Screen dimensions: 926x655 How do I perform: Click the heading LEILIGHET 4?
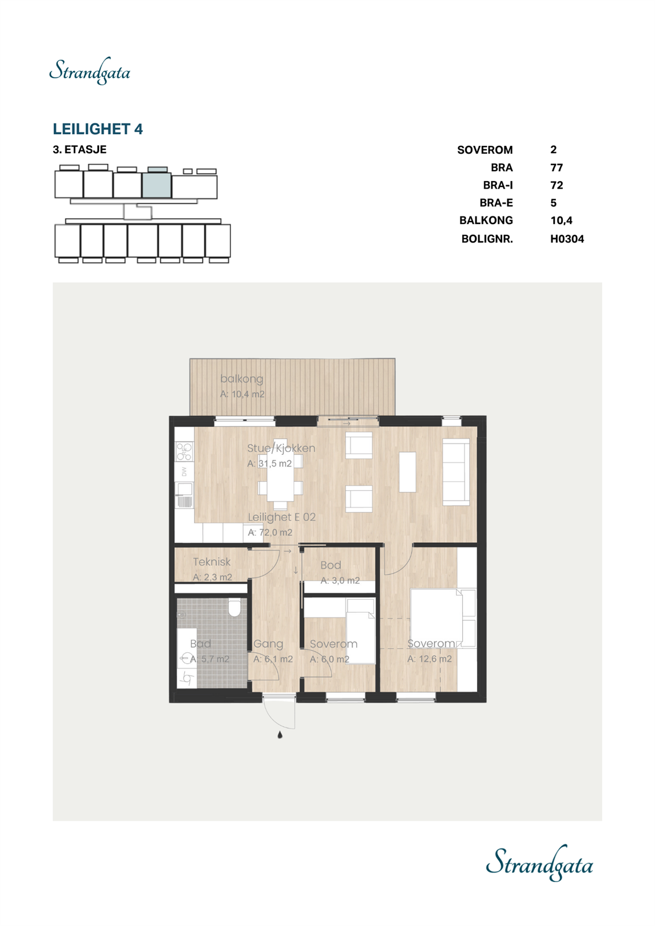click(x=97, y=128)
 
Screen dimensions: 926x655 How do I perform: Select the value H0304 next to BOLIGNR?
click(x=566, y=238)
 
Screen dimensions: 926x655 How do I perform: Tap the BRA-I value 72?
click(x=557, y=185)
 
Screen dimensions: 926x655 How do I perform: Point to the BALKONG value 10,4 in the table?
click(x=561, y=220)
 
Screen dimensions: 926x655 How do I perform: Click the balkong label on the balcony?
click(x=241, y=379)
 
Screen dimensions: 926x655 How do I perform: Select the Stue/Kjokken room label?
click(x=281, y=448)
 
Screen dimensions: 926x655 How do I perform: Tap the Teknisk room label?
click(x=211, y=561)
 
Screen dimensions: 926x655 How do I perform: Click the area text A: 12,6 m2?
click(x=429, y=659)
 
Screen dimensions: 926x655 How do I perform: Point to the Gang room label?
click(x=268, y=644)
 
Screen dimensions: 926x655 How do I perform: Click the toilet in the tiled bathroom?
click(x=235, y=608)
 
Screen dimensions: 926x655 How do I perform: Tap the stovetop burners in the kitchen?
click(x=184, y=451)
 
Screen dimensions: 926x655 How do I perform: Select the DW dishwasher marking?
click(x=184, y=472)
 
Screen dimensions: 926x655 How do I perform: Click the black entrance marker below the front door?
click(x=280, y=735)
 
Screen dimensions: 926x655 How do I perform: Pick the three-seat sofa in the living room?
click(x=456, y=472)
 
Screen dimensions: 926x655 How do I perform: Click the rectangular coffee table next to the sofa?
click(x=407, y=472)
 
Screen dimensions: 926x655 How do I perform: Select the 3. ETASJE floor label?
click(x=79, y=149)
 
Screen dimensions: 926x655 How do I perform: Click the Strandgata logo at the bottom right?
click(x=539, y=864)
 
